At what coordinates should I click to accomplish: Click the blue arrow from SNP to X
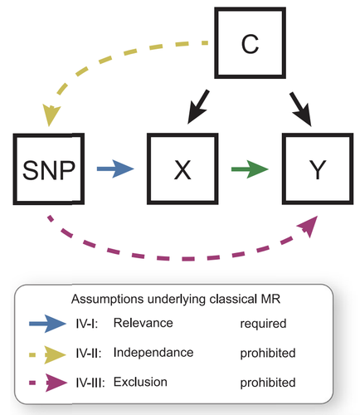[115, 168]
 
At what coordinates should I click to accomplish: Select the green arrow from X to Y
[250, 168]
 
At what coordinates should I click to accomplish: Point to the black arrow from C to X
[198, 107]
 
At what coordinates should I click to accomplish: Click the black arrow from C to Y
[301, 109]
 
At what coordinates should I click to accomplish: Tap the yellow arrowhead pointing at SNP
[51, 115]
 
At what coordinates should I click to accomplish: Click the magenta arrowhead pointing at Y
[309, 226]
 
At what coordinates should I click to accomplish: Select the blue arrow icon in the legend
[47, 324]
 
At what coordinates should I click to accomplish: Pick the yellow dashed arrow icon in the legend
[47, 354]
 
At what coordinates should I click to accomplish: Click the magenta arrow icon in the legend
[48, 383]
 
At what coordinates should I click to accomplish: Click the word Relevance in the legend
[144, 323]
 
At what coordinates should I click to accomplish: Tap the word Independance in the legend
[153, 353]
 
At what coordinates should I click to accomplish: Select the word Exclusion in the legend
[140, 382]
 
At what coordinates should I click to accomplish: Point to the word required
[263, 324]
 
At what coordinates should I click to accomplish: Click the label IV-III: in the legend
[90, 383]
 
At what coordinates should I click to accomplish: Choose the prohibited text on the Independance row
[268, 354]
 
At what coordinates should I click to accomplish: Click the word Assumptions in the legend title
[108, 299]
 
